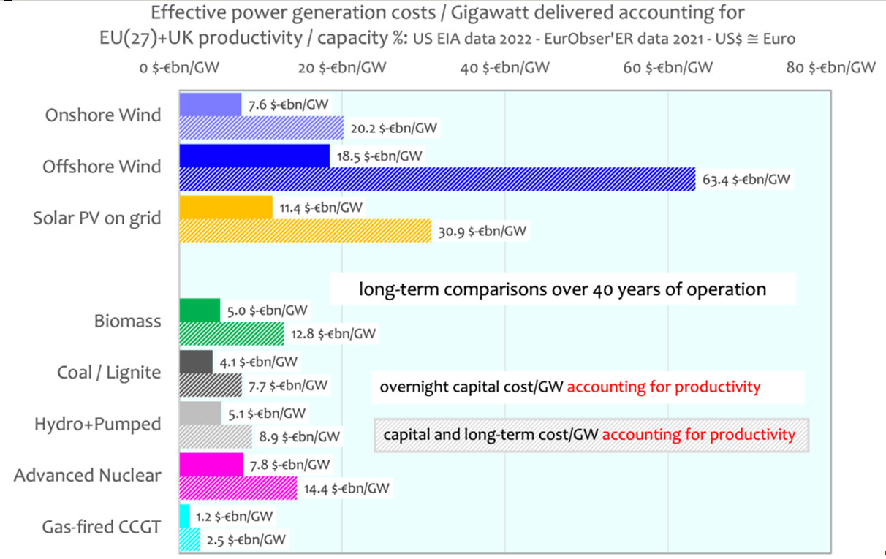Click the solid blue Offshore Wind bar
254,156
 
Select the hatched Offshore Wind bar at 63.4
437,179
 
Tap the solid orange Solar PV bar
226,207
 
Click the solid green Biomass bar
200,311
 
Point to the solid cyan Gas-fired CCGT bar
184,516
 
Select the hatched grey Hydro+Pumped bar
216,436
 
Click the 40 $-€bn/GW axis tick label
505,68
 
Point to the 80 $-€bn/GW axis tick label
831,68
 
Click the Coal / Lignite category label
109,373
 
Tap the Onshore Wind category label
103,115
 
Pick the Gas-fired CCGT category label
101,527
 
